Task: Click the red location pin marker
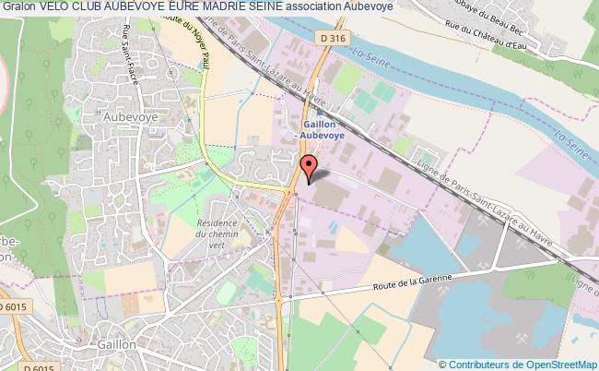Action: point(310,166)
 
